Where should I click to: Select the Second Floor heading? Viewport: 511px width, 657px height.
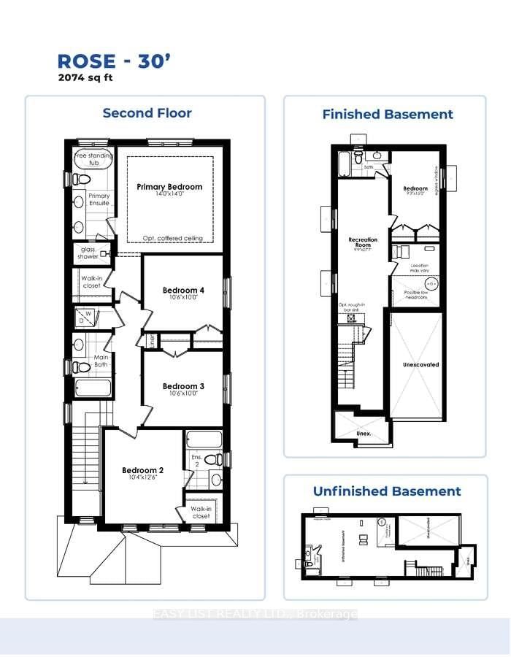click(147, 113)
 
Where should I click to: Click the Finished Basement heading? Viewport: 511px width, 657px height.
click(388, 115)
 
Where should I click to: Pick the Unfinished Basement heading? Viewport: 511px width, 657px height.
click(387, 491)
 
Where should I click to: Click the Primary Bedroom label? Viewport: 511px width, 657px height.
click(169, 187)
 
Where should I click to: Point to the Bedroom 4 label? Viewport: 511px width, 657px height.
click(183, 291)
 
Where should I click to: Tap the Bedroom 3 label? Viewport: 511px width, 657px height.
click(183, 386)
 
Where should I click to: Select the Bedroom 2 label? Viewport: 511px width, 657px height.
click(142, 470)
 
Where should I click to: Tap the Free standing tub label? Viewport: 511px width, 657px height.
click(91, 159)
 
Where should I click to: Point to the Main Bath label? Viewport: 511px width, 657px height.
click(100, 361)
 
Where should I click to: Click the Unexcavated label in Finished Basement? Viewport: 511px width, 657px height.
click(420, 364)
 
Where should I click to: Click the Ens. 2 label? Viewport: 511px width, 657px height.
click(196, 461)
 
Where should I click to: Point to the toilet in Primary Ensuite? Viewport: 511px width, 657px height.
click(81, 179)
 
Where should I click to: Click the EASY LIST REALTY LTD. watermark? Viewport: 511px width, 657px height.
click(255, 615)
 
